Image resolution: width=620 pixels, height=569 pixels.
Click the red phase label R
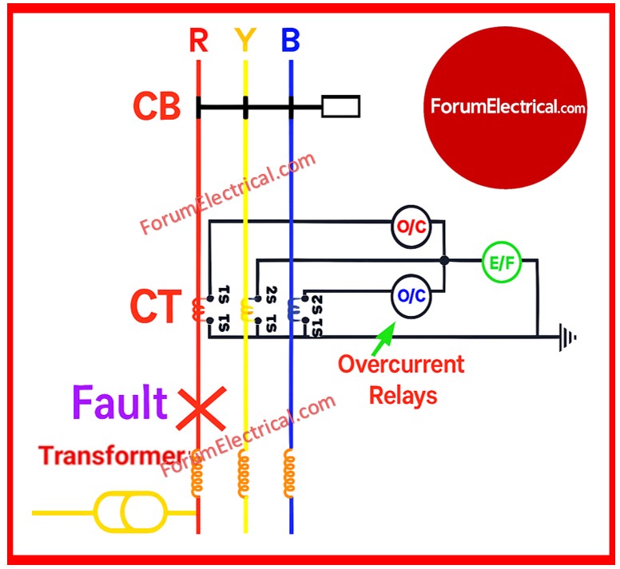pyautogui.click(x=198, y=40)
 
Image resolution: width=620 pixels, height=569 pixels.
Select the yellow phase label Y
pyautogui.click(x=244, y=40)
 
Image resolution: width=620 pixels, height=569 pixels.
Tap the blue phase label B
pyautogui.click(x=291, y=40)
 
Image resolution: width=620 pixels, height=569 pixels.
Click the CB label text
pyautogui.click(x=157, y=107)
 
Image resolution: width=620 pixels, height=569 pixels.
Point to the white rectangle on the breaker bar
pyautogui.click(x=340, y=106)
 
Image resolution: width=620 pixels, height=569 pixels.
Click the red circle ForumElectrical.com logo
pyautogui.click(x=507, y=106)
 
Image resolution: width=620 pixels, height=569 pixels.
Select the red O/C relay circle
pyautogui.click(x=412, y=227)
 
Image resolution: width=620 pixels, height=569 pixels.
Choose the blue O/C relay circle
pyautogui.click(x=412, y=296)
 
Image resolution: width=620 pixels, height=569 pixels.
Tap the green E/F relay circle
pyautogui.click(x=501, y=261)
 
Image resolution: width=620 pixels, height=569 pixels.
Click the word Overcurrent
pyautogui.click(x=400, y=365)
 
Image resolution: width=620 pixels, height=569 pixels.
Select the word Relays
pyautogui.click(x=403, y=394)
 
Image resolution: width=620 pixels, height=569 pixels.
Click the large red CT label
pyautogui.click(x=157, y=308)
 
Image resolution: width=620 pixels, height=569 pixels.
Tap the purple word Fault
pyautogui.click(x=120, y=403)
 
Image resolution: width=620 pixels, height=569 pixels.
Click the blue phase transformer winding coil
pyautogui.click(x=291, y=474)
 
